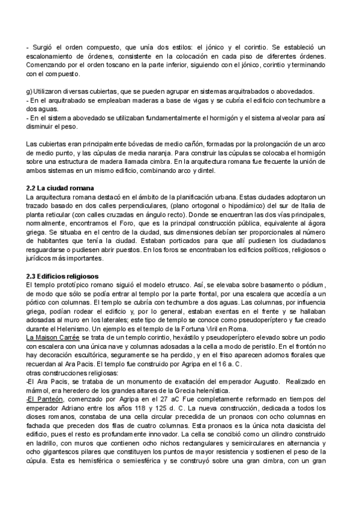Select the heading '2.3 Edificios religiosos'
64,275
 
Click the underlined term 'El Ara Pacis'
46,382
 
